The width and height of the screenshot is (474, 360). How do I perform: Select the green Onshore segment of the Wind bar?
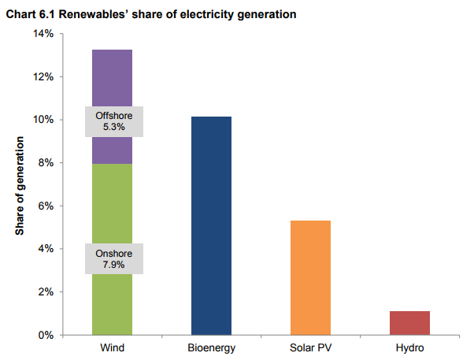[x=112, y=205]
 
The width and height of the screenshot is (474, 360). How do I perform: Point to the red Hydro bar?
[x=409, y=322]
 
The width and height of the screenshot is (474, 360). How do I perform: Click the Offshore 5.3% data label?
[x=112, y=121]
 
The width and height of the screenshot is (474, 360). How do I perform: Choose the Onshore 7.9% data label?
[x=112, y=260]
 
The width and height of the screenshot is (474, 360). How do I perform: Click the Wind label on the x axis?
[x=112, y=347]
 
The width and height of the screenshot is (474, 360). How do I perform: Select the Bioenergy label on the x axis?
[x=211, y=347]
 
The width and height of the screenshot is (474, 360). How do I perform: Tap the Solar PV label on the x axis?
[x=310, y=347]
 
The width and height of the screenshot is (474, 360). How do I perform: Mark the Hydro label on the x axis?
[x=409, y=347]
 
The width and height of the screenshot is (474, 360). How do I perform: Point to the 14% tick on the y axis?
[x=43, y=34]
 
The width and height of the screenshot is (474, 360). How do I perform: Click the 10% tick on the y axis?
[x=43, y=120]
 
